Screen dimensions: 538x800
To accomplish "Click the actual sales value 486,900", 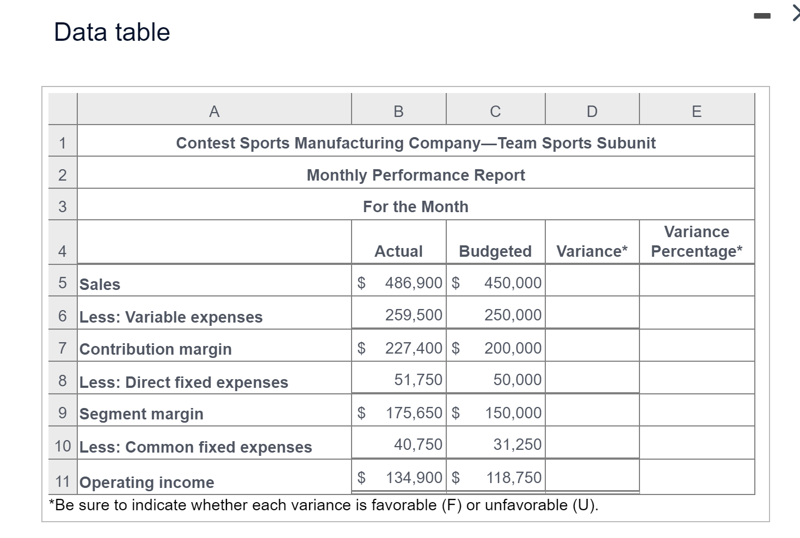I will (x=413, y=283).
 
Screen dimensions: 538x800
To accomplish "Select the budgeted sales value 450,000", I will (x=513, y=283).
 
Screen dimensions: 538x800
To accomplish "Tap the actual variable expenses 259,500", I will (x=414, y=315).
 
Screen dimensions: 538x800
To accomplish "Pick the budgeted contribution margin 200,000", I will (x=513, y=348).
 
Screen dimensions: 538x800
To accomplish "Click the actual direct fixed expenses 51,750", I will (x=418, y=380).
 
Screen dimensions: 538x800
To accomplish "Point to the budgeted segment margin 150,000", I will (x=513, y=413).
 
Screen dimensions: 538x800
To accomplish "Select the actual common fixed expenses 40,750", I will (x=418, y=444).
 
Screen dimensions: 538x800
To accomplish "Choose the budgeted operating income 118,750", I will (x=514, y=478).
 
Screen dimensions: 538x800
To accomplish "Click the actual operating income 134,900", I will (x=414, y=478).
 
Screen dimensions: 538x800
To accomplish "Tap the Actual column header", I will (x=398, y=251).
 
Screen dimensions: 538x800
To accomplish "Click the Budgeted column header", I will (x=495, y=251).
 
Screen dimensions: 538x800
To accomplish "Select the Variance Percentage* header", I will (x=697, y=242).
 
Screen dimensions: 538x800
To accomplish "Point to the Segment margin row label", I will (x=141, y=414).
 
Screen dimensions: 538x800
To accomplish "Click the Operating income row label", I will (x=147, y=483).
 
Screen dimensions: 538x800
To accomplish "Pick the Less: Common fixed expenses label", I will (x=196, y=447).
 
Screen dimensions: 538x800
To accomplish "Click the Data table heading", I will (x=112, y=32).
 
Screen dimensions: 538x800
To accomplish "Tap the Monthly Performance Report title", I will (x=416, y=175).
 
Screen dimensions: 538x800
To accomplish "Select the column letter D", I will (x=592, y=112).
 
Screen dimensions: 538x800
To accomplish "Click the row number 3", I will (x=63, y=207).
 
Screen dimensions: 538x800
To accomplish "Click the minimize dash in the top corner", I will (x=762, y=17).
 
